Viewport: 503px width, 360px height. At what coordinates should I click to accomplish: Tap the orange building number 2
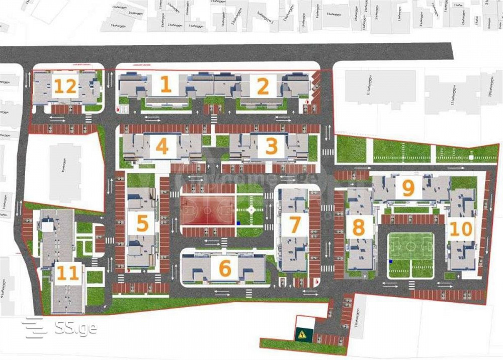tap(263, 86)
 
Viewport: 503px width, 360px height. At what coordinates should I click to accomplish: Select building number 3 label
tap(271, 147)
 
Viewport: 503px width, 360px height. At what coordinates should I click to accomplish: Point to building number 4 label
tap(161, 147)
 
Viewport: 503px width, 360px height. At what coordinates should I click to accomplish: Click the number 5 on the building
tap(142, 223)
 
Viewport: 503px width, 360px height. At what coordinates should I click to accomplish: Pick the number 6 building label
tap(224, 268)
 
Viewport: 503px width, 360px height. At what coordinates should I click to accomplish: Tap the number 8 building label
tap(358, 227)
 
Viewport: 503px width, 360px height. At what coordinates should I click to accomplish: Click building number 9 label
tap(408, 188)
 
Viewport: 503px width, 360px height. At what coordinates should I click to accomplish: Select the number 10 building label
tap(461, 229)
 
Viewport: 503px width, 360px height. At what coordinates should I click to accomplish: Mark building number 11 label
tap(68, 273)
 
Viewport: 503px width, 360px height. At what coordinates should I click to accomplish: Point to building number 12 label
tap(65, 87)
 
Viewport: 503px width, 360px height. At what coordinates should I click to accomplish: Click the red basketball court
tap(208, 210)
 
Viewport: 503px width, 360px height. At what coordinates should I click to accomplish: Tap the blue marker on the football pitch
tap(390, 262)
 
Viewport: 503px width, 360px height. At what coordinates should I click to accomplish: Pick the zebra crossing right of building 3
tap(327, 152)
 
